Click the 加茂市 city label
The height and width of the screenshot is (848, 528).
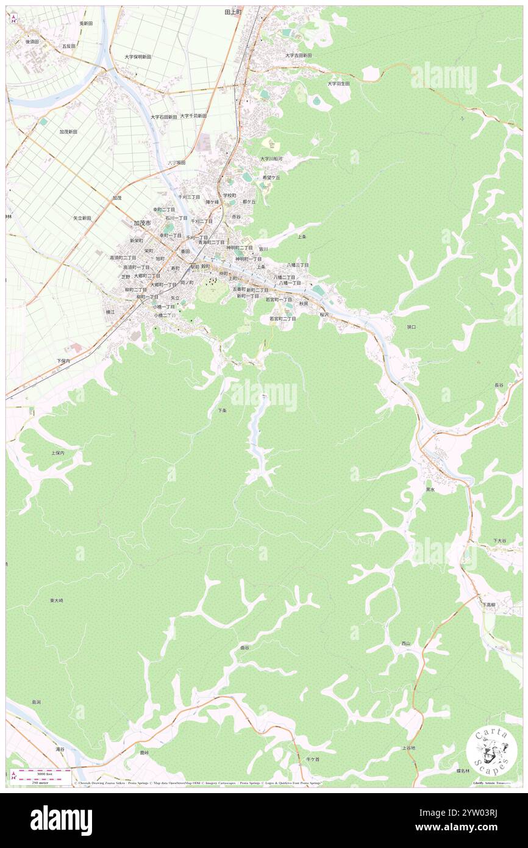(x=142, y=223)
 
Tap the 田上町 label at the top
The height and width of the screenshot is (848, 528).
(x=233, y=12)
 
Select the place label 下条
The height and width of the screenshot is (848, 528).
(x=223, y=411)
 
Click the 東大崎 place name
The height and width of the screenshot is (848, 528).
(x=57, y=600)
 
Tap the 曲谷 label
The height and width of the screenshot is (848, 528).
(x=244, y=648)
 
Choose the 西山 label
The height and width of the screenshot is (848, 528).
(x=406, y=644)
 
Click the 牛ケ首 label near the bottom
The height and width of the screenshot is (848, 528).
(x=313, y=759)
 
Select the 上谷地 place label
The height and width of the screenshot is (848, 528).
(x=408, y=748)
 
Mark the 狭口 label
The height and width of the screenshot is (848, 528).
(x=411, y=327)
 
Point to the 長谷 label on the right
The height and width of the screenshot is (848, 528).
(x=499, y=385)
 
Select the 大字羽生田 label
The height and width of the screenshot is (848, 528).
(x=338, y=84)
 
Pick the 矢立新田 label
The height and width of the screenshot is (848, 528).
(x=82, y=218)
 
